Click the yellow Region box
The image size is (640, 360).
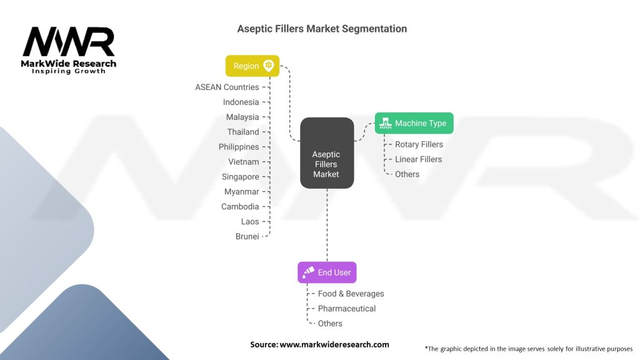pyautogui.click(x=252, y=66)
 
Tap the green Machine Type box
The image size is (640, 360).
pyautogui.click(x=414, y=123)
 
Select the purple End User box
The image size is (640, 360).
pyautogui.click(x=327, y=272)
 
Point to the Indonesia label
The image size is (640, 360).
pyautogui.click(x=241, y=102)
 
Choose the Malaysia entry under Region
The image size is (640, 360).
pyautogui.click(x=242, y=117)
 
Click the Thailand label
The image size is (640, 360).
pyautogui.click(x=243, y=132)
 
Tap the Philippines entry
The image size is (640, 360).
pyautogui.click(x=239, y=147)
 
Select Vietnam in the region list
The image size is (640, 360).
pyautogui.click(x=244, y=162)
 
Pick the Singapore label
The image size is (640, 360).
pyautogui.click(x=240, y=177)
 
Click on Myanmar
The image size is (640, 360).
pyautogui.click(x=241, y=191)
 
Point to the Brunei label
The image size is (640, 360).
pyautogui.click(x=247, y=236)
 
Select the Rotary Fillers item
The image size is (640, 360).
pyautogui.click(x=419, y=144)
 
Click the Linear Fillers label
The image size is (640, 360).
pyautogui.click(x=418, y=159)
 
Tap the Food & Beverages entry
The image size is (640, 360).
pyautogui.click(x=351, y=294)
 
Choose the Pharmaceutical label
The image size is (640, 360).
pyautogui.click(x=347, y=309)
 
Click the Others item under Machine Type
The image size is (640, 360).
pyautogui.click(x=407, y=174)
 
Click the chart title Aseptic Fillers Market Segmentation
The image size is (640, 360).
pyautogui.click(x=322, y=29)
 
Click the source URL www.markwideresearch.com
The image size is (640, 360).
pyautogui.click(x=334, y=344)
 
